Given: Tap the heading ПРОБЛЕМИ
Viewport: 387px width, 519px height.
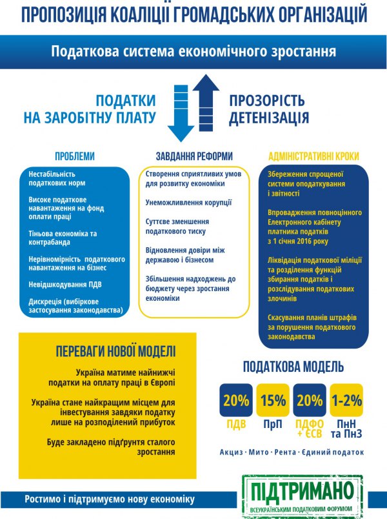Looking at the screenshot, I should click(x=74, y=156).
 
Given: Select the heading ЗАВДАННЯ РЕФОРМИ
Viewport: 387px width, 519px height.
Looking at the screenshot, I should click(x=194, y=156).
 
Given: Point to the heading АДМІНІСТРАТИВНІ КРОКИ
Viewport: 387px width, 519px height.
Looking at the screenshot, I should click(x=313, y=156).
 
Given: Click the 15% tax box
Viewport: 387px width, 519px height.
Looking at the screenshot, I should click(x=273, y=400).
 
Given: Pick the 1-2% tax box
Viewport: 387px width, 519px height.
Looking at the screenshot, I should click(x=346, y=400).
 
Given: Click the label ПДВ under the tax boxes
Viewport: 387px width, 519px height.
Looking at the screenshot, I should click(x=236, y=424).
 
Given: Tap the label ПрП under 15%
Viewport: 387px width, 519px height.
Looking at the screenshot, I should click(x=273, y=424).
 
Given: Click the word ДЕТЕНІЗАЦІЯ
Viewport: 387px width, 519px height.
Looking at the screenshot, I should click(x=268, y=118).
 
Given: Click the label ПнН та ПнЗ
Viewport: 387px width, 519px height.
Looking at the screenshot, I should click(x=346, y=429).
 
